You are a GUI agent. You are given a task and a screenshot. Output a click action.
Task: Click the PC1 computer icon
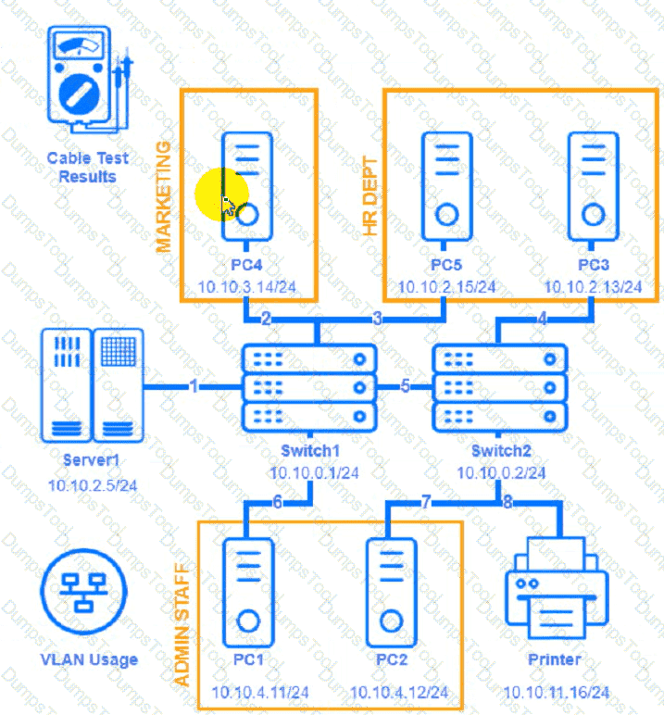click(248, 593)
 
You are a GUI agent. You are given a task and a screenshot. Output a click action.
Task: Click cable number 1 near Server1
click(194, 386)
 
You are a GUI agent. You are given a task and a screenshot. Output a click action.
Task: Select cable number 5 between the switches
click(405, 386)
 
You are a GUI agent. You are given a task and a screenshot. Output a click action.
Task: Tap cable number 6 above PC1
click(277, 503)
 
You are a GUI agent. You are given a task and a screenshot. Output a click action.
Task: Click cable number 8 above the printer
click(507, 503)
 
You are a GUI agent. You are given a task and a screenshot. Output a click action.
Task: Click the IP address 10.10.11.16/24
click(557, 692)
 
